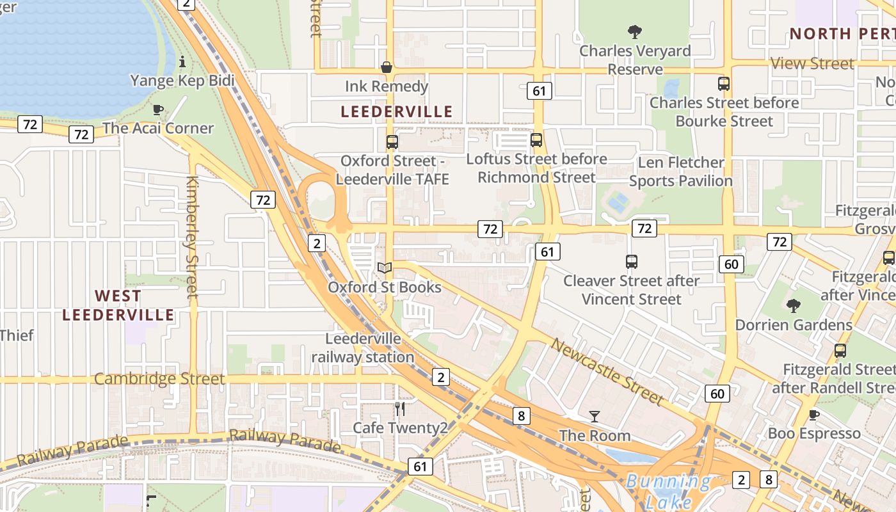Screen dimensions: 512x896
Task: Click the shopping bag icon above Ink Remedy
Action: coord(387,67)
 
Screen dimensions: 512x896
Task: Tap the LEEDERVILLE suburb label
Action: coord(396,112)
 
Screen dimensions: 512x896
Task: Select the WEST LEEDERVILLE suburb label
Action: coord(118,305)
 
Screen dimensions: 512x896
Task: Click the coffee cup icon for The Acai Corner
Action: coord(158,109)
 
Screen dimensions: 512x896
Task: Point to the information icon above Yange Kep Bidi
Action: coord(182,61)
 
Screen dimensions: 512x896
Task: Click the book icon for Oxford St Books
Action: coord(385,268)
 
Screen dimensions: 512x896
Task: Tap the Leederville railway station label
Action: coord(363,348)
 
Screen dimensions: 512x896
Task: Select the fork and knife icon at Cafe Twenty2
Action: coord(400,408)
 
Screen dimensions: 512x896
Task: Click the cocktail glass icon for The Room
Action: coord(595,417)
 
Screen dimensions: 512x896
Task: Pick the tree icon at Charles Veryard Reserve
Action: coord(635,31)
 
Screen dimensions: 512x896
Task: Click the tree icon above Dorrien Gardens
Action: coord(794,306)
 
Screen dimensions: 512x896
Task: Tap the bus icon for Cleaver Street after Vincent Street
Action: coord(632,261)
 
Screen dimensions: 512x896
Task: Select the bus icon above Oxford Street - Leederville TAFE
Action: coord(392,142)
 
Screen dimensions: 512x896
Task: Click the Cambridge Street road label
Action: coord(159,379)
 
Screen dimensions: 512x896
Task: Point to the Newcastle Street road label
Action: coord(607,372)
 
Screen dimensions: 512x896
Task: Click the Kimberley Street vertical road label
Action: coord(192,237)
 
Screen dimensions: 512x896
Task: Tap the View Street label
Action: coord(812,63)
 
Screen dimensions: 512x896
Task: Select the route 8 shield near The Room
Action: coord(522,416)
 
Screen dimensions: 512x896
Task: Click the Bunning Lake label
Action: coord(668,490)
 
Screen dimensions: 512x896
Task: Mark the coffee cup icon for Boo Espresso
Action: coord(814,415)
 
